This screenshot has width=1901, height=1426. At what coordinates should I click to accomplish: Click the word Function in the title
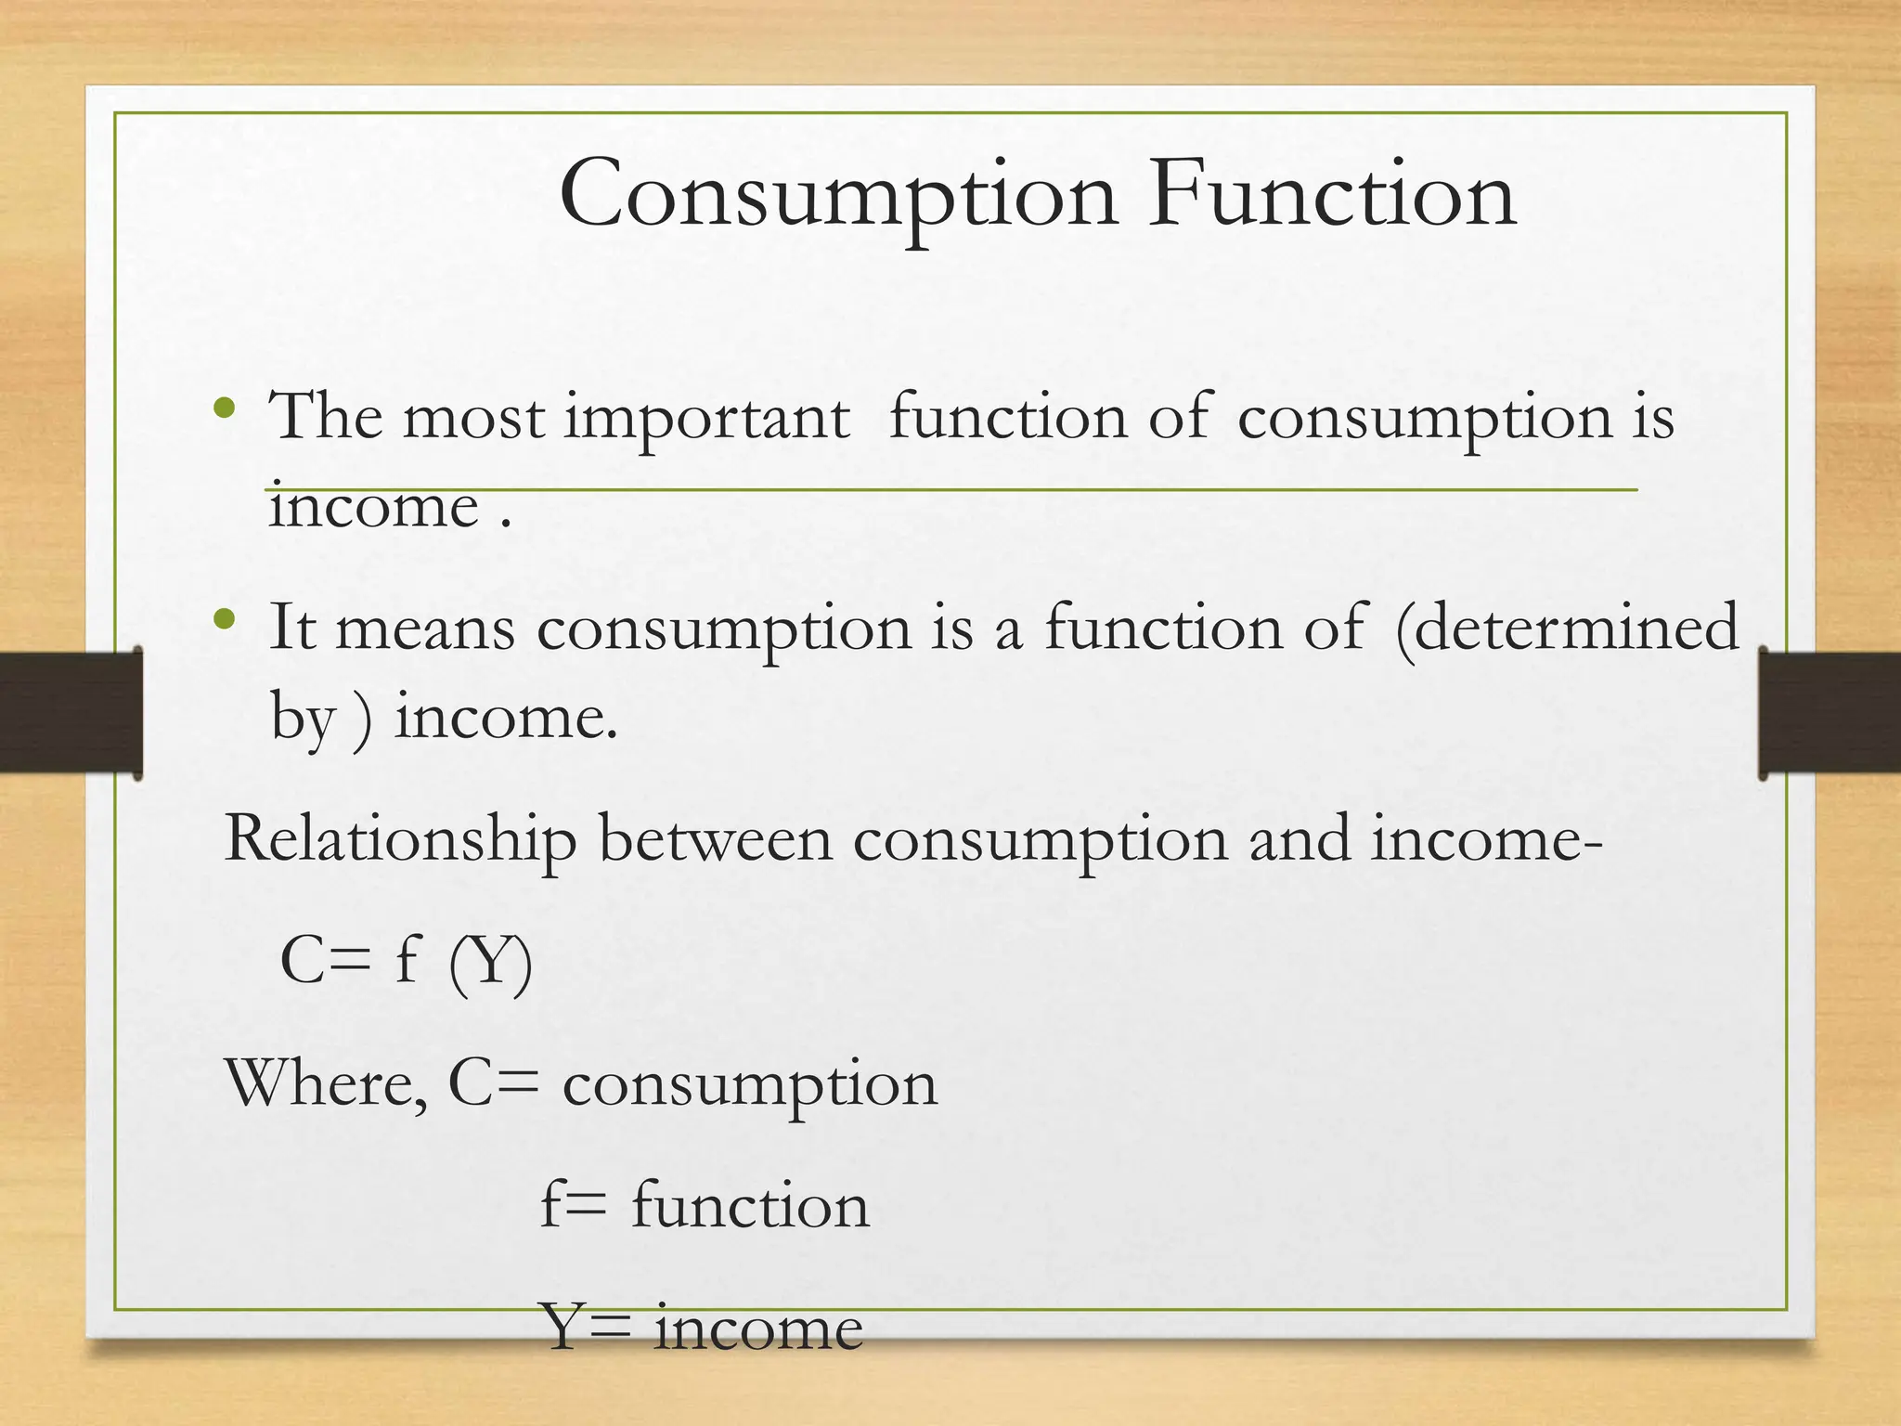[1332, 195]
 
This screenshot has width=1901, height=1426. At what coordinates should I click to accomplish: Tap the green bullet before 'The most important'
[224, 408]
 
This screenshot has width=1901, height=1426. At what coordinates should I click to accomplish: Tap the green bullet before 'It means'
[224, 619]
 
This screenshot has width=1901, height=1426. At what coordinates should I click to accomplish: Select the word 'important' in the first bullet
[706, 418]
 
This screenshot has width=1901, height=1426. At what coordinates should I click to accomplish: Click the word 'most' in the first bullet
[472, 418]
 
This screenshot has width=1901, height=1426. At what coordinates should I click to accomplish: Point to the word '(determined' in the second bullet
[1567, 629]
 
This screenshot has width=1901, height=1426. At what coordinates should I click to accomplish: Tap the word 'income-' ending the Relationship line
[1486, 838]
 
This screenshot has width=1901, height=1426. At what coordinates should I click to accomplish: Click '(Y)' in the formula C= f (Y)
[490, 963]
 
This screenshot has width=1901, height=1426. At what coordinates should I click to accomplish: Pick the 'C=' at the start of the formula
[325, 961]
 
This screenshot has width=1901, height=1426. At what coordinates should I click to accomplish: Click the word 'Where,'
[327, 1084]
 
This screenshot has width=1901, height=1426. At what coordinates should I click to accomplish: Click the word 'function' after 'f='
[750, 1206]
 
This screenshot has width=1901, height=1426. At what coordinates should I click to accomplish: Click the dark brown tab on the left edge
[71, 712]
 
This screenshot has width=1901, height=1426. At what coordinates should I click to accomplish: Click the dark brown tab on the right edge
[1830, 712]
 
